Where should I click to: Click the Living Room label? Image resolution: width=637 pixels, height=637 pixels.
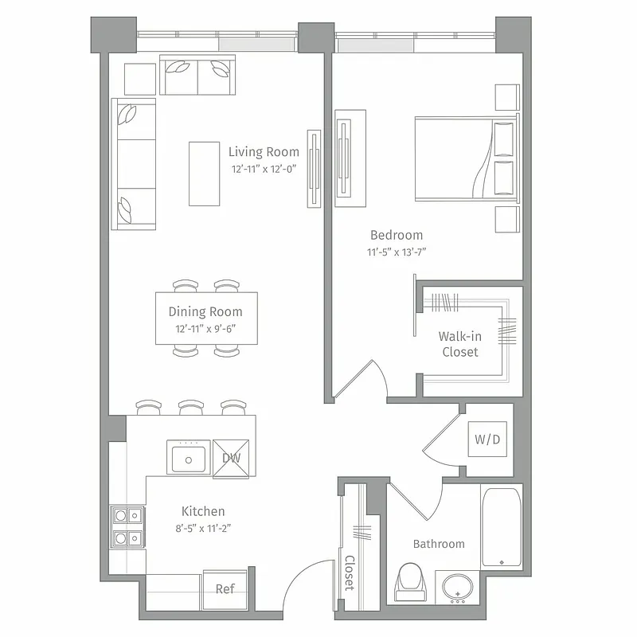pos(264,151)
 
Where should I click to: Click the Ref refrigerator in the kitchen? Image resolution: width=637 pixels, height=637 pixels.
pos(225,589)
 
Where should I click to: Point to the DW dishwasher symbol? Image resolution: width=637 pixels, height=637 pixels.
pos(232,458)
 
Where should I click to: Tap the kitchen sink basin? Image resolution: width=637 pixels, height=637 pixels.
pos(188,459)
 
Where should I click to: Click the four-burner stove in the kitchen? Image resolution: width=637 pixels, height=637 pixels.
pos(127,527)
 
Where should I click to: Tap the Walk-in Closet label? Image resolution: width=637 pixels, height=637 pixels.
pos(460,344)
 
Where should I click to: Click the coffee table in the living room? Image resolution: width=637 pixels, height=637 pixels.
pos(205,173)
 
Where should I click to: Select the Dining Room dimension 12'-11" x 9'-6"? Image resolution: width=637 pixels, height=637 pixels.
pos(205,328)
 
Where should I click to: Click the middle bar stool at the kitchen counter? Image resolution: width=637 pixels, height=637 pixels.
pos(190,408)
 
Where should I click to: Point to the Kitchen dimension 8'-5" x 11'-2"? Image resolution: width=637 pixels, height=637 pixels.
pos(203,527)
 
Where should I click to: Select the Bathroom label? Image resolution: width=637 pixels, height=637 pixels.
pos(439,544)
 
